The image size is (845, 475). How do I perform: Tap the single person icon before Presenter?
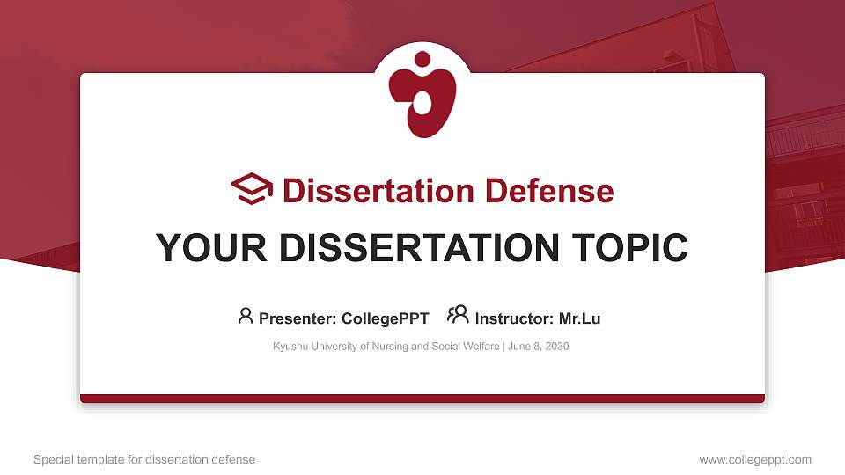point(246,316)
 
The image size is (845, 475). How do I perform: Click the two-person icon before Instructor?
point(458,315)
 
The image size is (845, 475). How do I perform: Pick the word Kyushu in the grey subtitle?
point(290,347)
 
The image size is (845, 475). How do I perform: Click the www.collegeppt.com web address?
point(755,459)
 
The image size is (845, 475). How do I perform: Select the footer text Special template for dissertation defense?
point(144,459)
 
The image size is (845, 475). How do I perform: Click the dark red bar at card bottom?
point(422,398)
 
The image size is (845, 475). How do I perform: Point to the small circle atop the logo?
point(422,59)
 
